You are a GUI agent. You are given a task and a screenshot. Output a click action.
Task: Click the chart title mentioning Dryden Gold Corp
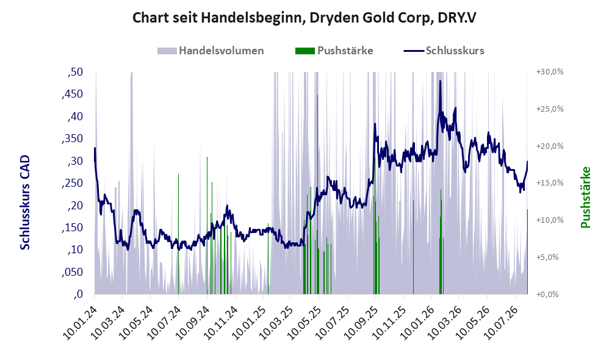[x=304, y=18]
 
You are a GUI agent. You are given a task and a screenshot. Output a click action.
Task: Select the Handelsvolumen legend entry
[x=211, y=51]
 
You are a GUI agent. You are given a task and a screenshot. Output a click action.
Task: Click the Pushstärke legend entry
[x=334, y=51]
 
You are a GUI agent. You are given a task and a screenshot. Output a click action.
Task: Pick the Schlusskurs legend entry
[x=444, y=51]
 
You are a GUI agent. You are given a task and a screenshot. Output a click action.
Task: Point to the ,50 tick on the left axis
[x=75, y=72]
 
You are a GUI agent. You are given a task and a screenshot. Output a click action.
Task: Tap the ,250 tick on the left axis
[x=72, y=183]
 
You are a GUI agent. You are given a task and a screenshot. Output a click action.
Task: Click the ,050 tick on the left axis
[x=72, y=272]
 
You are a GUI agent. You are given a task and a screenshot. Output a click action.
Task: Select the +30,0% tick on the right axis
[x=550, y=72]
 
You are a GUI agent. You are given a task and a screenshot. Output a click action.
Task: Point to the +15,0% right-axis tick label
[x=550, y=183]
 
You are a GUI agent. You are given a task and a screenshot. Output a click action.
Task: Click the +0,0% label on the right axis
[x=547, y=294]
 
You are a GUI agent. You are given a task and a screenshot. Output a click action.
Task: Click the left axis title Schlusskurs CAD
[x=25, y=203]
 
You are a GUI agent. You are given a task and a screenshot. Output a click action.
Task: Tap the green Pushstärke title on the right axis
[x=585, y=197]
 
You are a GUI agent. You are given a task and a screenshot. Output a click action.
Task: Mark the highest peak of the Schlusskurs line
[x=440, y=81]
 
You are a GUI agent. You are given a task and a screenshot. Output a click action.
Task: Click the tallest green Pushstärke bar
[x=317, y=195]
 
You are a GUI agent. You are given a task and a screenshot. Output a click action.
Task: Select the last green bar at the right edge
[x=527, y=251]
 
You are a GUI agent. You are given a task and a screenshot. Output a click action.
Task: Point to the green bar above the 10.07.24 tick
[x=178, y=234]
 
